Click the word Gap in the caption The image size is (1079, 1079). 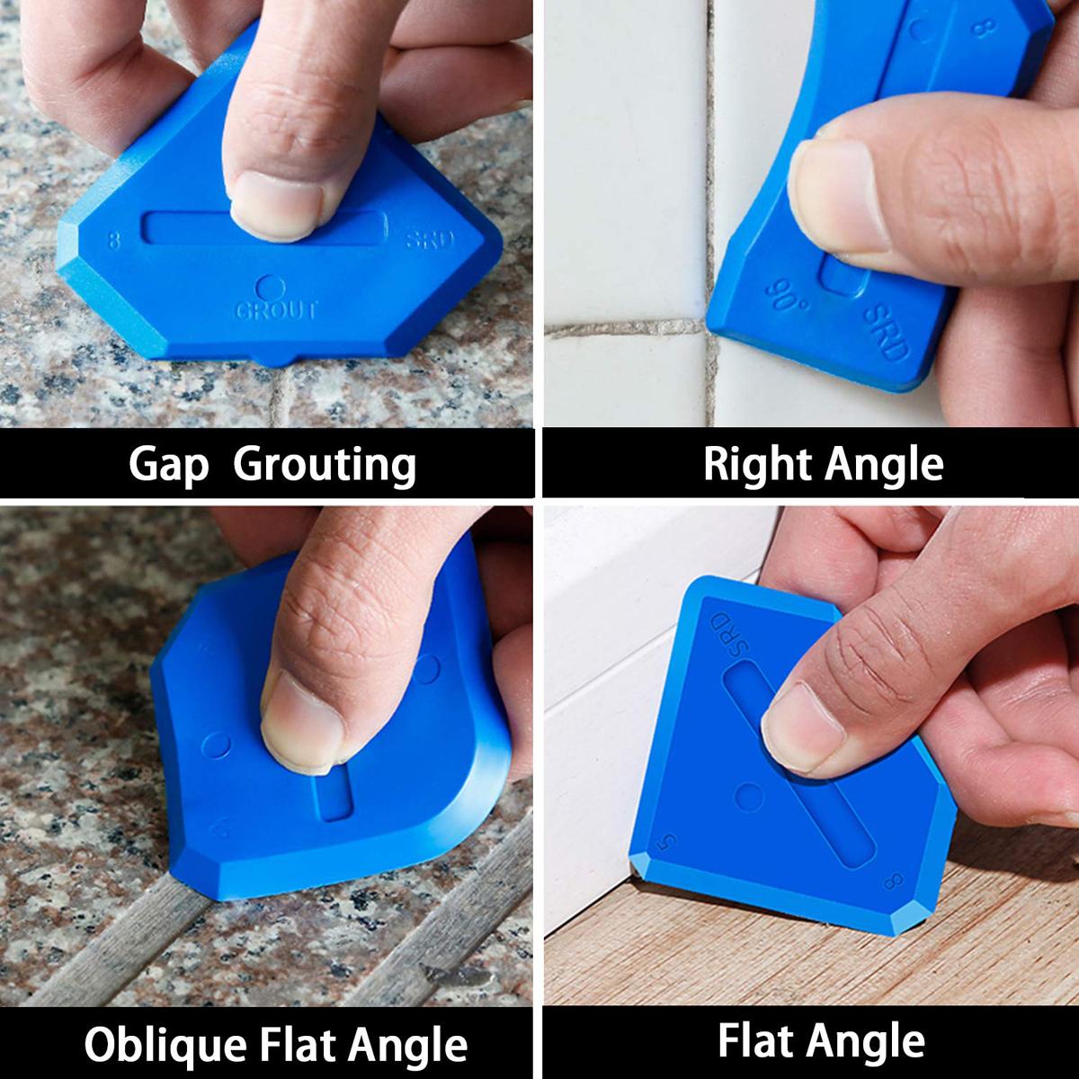tap(168, 466)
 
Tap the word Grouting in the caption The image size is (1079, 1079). tap(325, 466)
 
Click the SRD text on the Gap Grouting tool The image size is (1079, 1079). tap(431, 241)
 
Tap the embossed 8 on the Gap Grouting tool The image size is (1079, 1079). tap(112, 240)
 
